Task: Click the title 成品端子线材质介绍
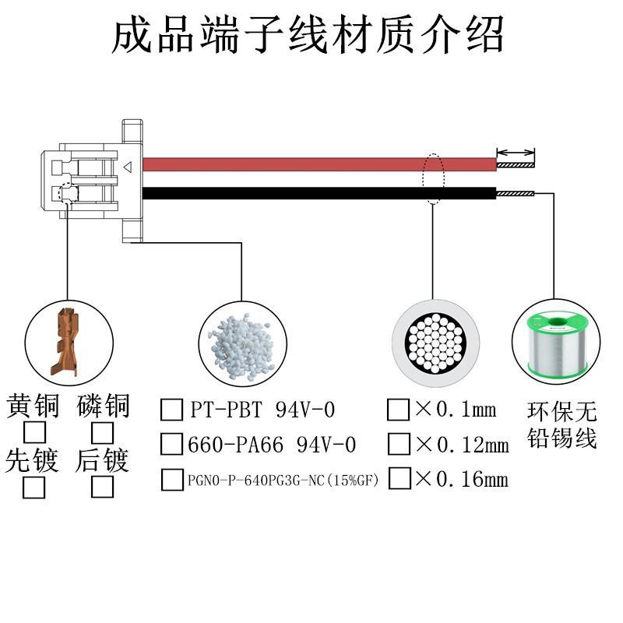click(x=308, y=34)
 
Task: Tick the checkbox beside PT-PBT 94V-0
click(x=171, y=410)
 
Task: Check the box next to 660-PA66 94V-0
click(x=171, y=444)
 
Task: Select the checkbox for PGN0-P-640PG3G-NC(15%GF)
click(x=172, y=480)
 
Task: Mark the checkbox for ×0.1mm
click(x=399, y=410)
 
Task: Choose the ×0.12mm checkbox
click(x=399, y=444)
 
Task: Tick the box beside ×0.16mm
click(x=399, y=478)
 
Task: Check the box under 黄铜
click(x=34, y=433)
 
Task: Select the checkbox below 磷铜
click(x=103, y=433)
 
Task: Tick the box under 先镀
click(x=33, y=487)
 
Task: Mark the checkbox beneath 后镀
click(x=103, y=487)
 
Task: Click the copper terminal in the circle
click(x=65, y=342)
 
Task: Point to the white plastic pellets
click(x=241, y=346)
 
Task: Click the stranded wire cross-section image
click(x=435, y=343)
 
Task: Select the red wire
click(x=319, y=164)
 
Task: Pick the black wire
click(x=319, y=193)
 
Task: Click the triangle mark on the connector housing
click(x=128, y=167)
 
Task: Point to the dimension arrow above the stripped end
click(x=516, y=153)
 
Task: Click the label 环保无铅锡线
click(x=562, y=425)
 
